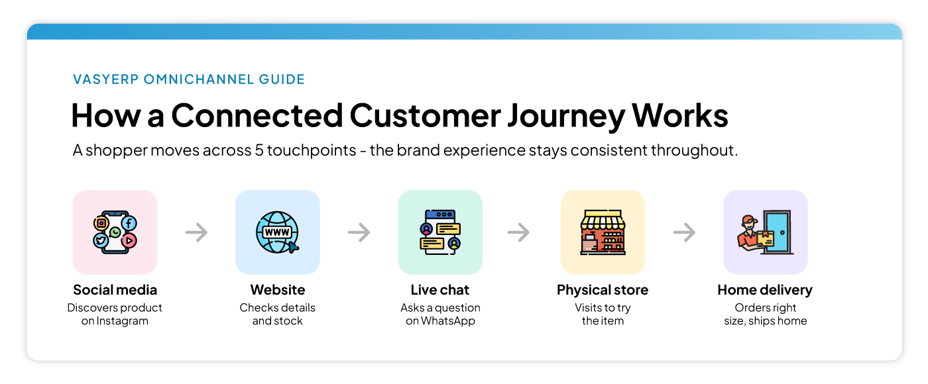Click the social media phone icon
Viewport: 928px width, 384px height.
pos(115,232)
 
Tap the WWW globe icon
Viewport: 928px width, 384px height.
pos(277,232)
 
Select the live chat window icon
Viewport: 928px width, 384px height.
pos(440,232)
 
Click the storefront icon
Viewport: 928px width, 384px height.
pos(603,232)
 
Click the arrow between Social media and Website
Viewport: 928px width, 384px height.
pos(196,232)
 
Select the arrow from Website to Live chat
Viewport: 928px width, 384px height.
pos(359,232)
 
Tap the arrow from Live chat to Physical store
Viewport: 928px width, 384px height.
pos(518,232)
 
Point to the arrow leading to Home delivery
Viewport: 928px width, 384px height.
pos(684,232)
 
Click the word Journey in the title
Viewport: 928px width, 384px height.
pos(566,116)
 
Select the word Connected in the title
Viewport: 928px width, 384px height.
pos(257,115)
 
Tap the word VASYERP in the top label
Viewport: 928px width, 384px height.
pos(105,79)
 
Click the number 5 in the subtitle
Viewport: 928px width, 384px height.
pos(259,150)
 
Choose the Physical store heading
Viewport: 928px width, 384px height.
pos(603,290)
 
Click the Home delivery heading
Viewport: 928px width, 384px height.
pos(765,290)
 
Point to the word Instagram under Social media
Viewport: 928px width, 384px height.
pos(122,320)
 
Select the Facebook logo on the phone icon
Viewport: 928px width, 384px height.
pos(129,224)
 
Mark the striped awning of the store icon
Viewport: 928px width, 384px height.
pos(603,220)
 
